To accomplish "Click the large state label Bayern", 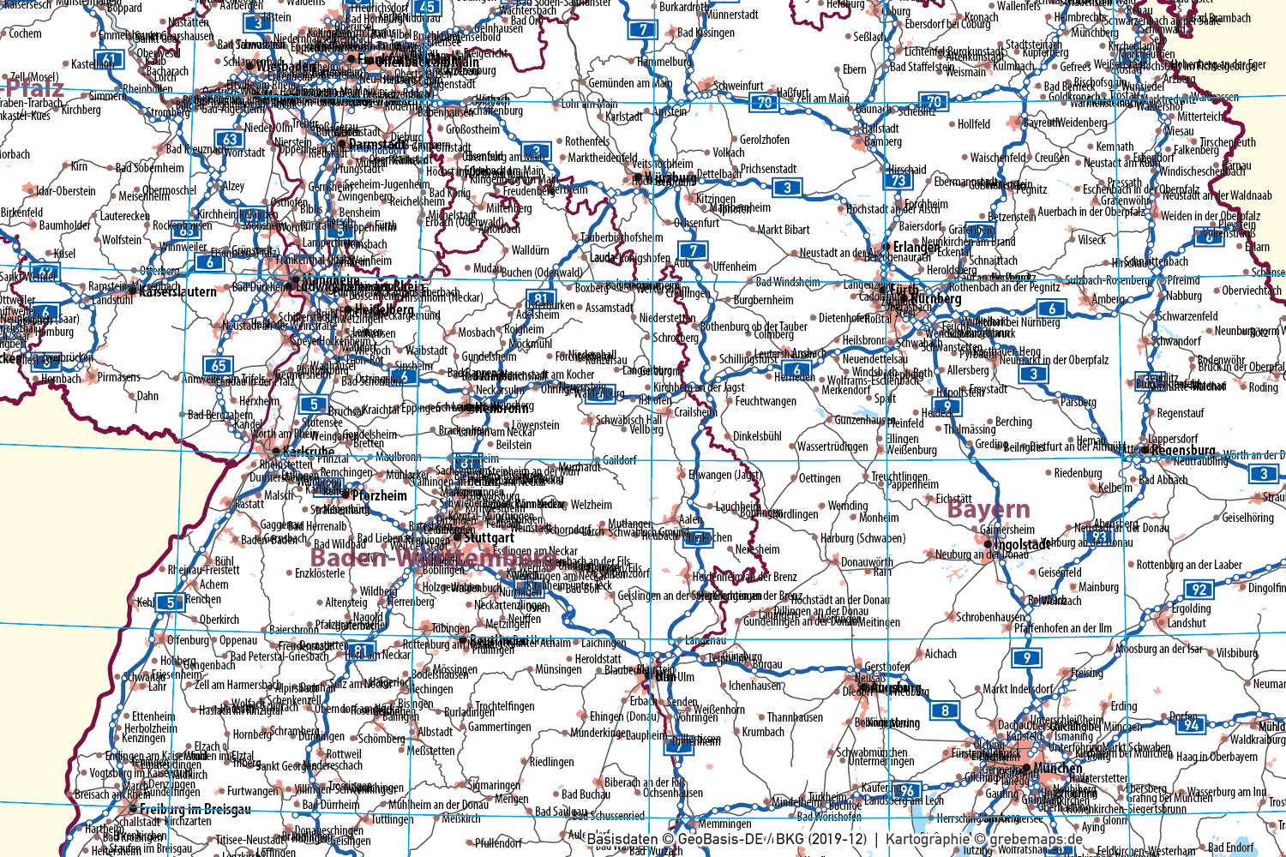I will point(989,509).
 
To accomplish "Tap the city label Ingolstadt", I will point(1022,544).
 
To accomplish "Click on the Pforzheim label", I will point(380,495).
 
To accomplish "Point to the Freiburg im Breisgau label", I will point(195,809).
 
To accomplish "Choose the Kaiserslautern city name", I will point(177,291).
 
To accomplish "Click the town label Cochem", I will point(25,33).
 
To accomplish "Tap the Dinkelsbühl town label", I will point(757,436).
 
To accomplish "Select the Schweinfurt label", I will point(738,86).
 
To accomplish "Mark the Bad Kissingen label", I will point(706,33).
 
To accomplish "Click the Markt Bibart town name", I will point(784,230).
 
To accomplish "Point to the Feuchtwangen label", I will point(766,401).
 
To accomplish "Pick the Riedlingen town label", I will point(551,762).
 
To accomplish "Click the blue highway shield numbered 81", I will point(539,299).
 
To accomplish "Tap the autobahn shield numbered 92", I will point(1199,589).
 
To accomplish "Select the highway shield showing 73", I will point(898,180).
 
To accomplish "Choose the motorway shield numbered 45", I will point(428,7).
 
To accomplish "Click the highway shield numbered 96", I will point(907,790).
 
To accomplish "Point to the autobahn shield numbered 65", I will point(219,366).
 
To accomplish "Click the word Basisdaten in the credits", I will point(622,840).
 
